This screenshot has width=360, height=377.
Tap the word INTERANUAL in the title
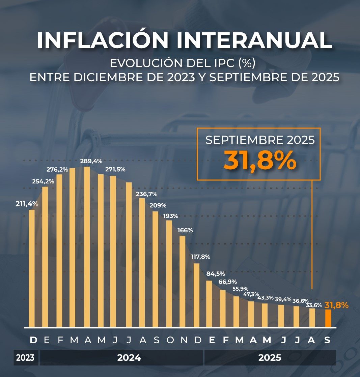click(x=253, y=40)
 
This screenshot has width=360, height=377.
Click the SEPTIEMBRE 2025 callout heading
click(x=260, y=140)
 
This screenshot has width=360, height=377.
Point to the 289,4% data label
click(x=91, y=161)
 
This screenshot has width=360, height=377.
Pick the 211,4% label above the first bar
click(x=27, y=204)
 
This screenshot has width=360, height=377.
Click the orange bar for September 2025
click(x=328, y=318)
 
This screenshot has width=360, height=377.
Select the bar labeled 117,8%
click(x=196, y=295)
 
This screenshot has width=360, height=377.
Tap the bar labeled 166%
click(x=182, y=282)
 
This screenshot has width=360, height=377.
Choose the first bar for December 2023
click(x=32, y=268)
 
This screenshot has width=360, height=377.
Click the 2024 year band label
click(x=129, y=358)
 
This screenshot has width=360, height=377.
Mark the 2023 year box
click(x=25, y=358)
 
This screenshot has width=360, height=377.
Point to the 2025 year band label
click(x=270, y=358)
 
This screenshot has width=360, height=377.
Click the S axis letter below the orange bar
click(x=327, y=340)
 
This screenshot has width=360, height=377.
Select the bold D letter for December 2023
click(x=33, y=340)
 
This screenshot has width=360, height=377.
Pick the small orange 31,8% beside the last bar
click(x=336, y=306)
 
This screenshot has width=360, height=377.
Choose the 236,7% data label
click(x=146, y=194)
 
